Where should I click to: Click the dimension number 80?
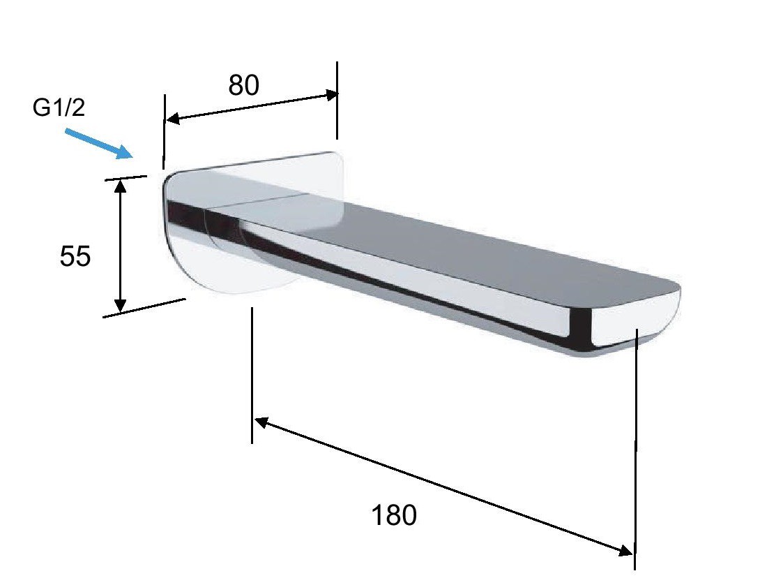244,85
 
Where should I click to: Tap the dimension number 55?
75,256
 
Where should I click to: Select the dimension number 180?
393,515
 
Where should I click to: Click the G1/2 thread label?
59,108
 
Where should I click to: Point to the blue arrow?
99,143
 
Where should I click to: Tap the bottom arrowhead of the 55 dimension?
120,304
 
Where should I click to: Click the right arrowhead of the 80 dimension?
330,95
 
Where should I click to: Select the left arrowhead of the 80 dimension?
173,118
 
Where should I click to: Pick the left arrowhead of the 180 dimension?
261,422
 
